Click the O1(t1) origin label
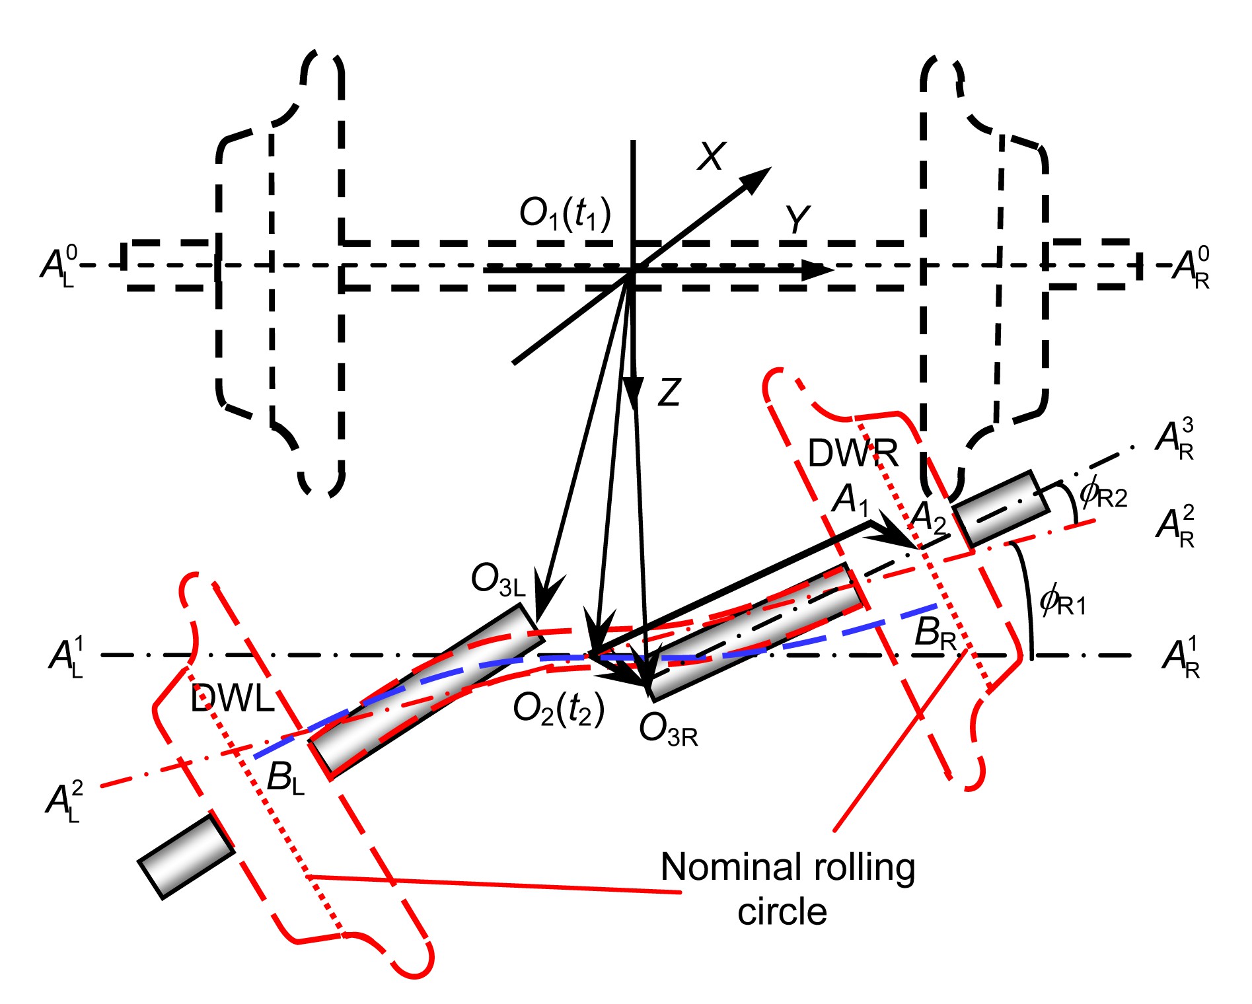(565, 215)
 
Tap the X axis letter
(712, 157)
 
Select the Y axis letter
(797, 220)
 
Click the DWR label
(853, 454)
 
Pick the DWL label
(232, 698)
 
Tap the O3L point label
(498, 581)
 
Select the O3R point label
(668, 731)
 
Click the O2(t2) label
(559, 710)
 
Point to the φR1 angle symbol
(1062, 602)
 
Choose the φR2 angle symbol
(1103, 493)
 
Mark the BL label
(285, 778)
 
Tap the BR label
(935, 634)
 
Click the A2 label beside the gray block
(928, 518)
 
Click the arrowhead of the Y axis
(819, 269)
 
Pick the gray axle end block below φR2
(1001, 509)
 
